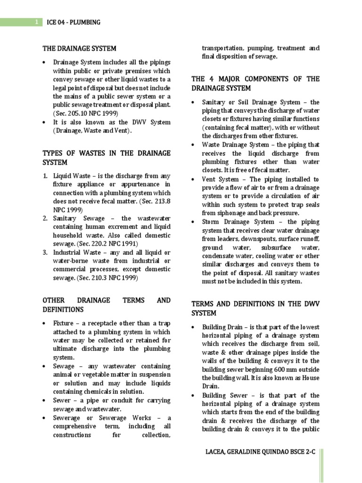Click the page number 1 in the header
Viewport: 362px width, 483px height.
click(36, 22)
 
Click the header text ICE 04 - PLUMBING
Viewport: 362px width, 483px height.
click(74, 22)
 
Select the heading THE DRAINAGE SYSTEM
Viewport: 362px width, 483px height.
click(79, 48)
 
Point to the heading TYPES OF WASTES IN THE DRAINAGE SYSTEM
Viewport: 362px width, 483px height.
click(107, 158)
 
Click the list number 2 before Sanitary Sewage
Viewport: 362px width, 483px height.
click(45, 218)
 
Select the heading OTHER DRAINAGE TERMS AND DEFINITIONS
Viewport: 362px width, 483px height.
click(107, 305)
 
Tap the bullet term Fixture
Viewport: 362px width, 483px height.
click(64, 324)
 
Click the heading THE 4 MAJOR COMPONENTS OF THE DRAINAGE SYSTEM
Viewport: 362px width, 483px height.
click(255, 83)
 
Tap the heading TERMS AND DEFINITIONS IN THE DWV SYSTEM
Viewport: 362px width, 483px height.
click(255, 308)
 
